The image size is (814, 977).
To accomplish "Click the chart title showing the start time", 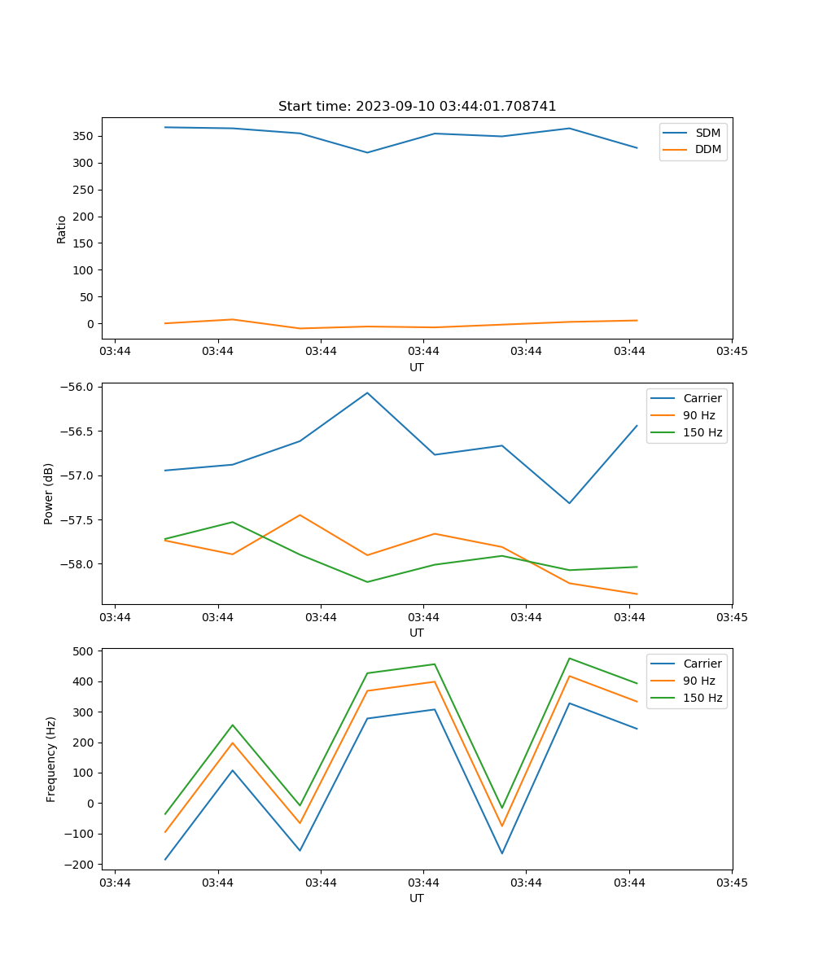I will [417, 107].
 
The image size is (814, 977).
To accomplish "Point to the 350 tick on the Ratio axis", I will [84, 136].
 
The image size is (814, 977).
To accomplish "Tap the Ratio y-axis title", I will [62, 229].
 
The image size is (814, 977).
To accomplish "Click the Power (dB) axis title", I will [50, 493].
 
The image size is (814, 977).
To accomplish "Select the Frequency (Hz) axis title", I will [51, 759].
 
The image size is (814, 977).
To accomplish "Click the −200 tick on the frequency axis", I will [80, 864].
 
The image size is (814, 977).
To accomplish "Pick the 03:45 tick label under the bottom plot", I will [731, 882].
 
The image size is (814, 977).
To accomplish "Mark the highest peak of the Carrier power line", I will [367, 392].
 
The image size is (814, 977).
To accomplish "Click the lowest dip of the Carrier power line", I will [569, 503].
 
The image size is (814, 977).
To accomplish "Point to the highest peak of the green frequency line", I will [569, 658].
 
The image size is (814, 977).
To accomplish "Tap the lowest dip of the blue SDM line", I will [367, 152].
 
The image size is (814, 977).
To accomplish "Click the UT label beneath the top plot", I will [417, 367].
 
